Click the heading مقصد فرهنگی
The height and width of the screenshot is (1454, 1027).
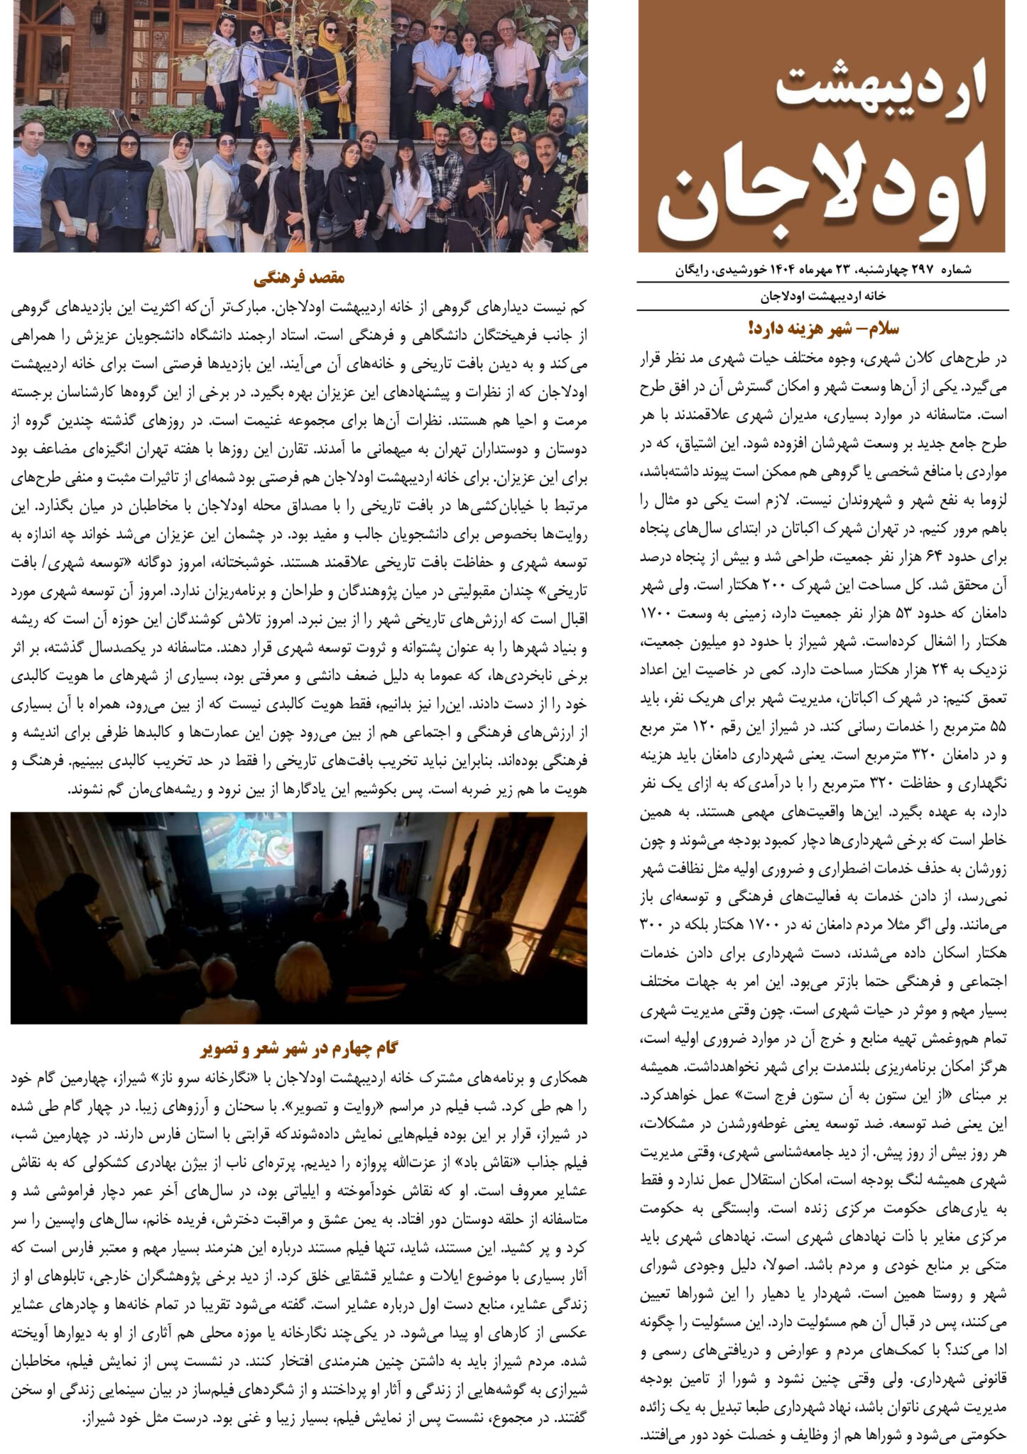pyautogui.click(x=299, y=277)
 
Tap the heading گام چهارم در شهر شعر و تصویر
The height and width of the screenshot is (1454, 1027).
pyautogui.click(x=298, y=1048)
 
